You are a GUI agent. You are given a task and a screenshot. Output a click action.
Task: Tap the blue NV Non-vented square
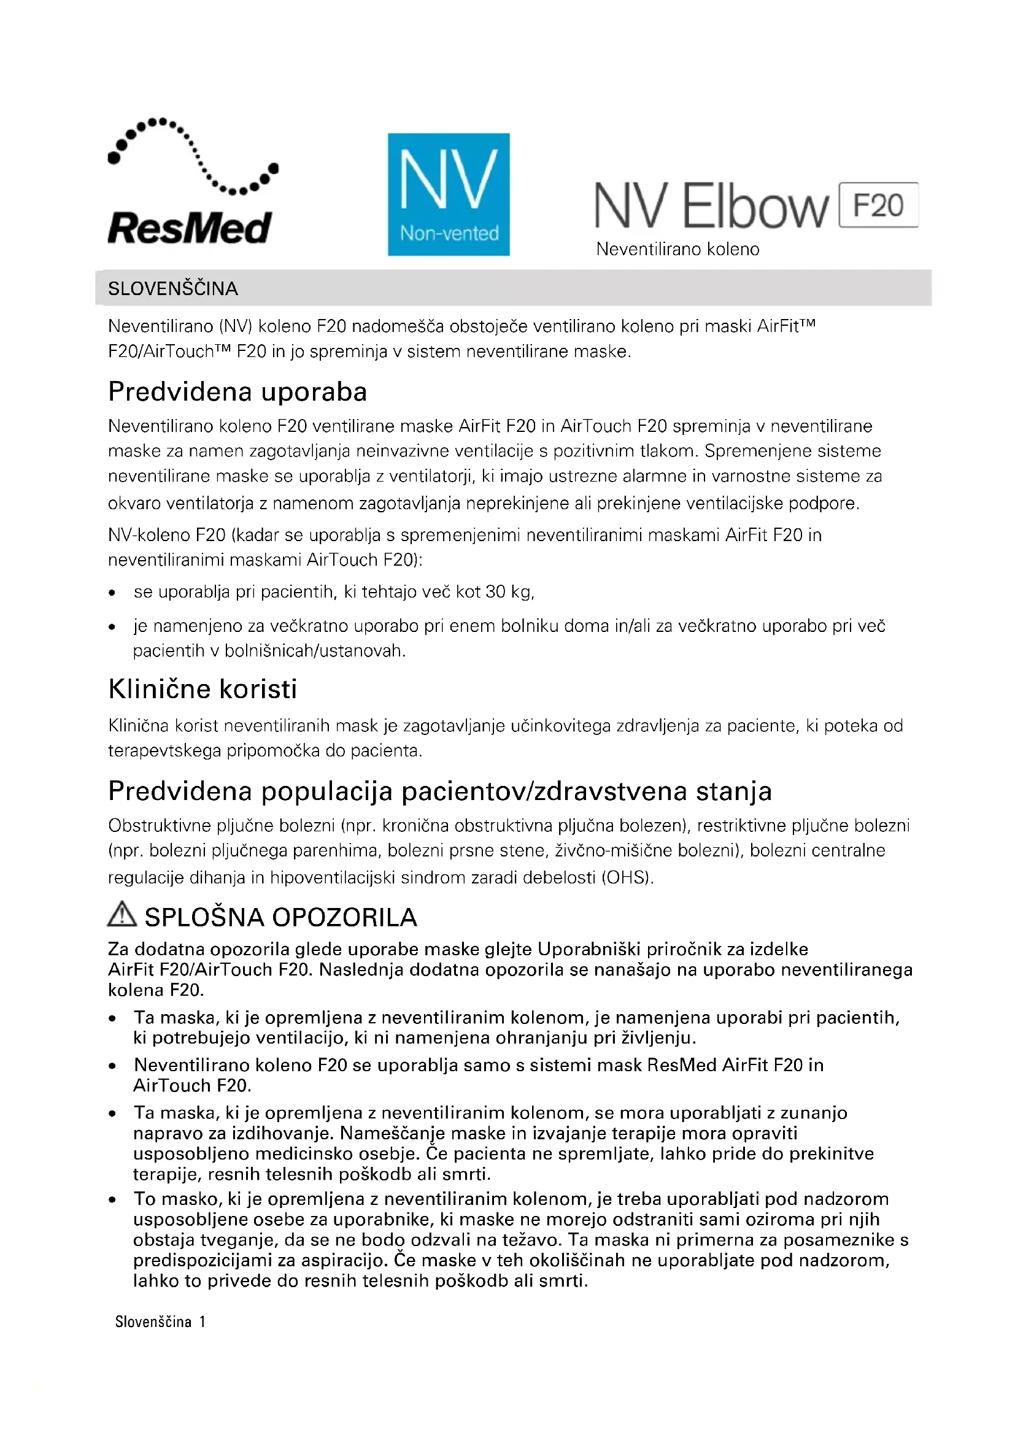(448, 194)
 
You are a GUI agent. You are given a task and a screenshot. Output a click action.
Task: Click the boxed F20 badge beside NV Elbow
(878, 205)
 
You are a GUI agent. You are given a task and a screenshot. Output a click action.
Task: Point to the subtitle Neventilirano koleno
(677, 249)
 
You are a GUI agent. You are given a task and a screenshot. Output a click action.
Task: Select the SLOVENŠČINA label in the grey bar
(173, 289)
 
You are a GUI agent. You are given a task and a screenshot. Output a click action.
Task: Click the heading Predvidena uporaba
(237, 392)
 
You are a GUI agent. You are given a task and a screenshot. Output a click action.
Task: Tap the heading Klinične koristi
(203, 689)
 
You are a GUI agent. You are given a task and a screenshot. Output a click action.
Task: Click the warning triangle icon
(122, 914)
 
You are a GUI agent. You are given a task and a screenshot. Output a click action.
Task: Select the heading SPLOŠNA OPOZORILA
(280, 917)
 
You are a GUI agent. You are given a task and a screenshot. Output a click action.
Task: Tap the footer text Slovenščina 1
(160, 1322)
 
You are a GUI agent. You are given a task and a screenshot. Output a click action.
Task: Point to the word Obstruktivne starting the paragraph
(160, 826)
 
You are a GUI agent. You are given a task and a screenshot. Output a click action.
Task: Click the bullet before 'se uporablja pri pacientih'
(112, 593)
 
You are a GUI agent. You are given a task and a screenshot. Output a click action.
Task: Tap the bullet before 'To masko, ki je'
(112, 1199)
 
